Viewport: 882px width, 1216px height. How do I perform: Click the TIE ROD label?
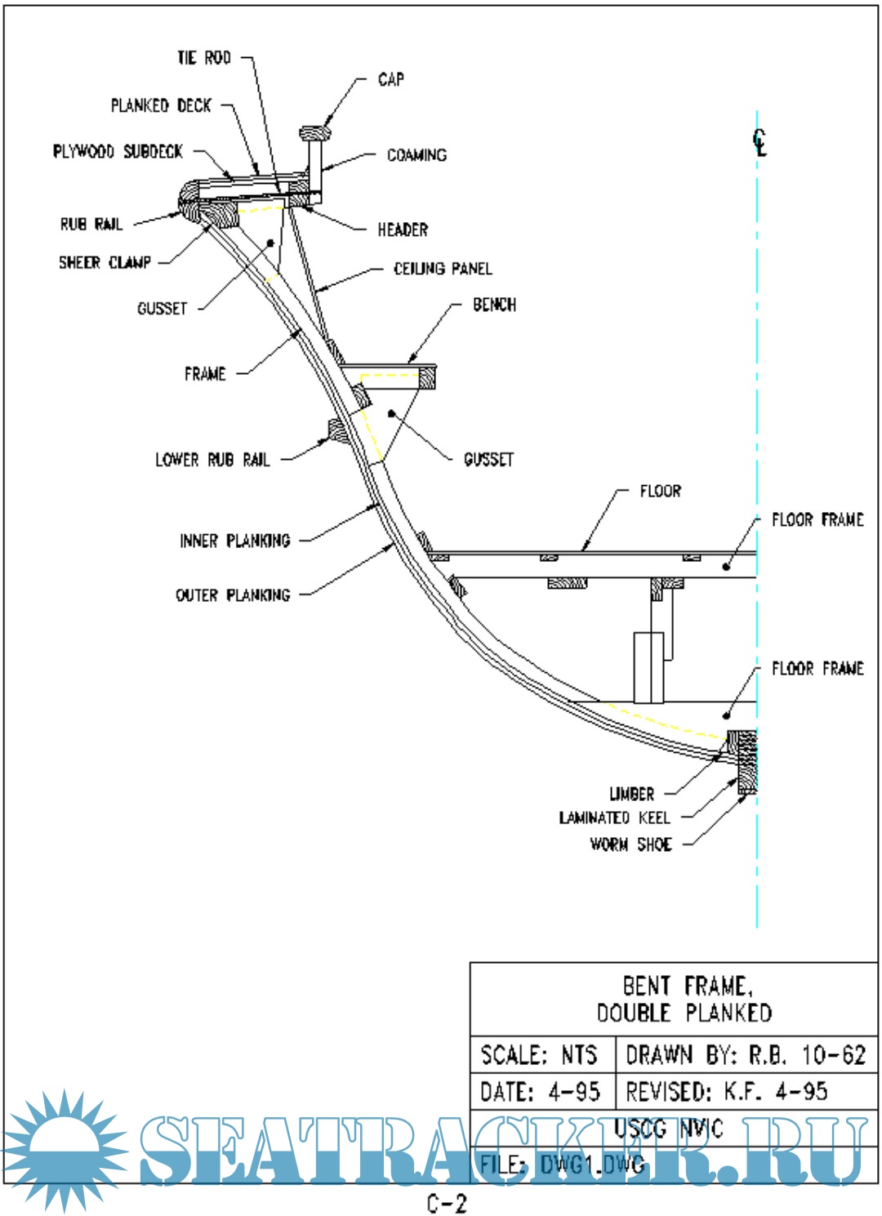204,58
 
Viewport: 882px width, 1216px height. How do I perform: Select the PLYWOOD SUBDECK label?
118,152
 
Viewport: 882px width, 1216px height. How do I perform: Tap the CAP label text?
390,79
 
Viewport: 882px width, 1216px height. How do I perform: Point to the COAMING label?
416,155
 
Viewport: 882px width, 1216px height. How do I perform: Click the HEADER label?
403,230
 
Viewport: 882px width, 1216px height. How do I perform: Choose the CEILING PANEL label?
443,269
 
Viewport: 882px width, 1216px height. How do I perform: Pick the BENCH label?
494,305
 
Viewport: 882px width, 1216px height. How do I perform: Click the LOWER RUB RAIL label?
212,460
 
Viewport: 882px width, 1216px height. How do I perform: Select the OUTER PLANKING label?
233,595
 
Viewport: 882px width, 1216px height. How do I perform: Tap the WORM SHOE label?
631,844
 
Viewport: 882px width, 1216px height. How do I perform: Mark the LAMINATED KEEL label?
614,818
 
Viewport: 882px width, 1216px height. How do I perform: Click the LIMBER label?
631,794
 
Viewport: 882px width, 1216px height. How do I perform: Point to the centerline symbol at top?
760,143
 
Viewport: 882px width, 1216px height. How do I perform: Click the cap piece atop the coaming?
314,132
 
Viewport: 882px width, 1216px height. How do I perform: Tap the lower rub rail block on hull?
336,430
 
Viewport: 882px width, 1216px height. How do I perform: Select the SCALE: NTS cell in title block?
540,1055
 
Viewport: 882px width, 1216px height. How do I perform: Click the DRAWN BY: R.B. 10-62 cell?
745,1055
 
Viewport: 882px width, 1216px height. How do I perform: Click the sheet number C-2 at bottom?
447,1203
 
